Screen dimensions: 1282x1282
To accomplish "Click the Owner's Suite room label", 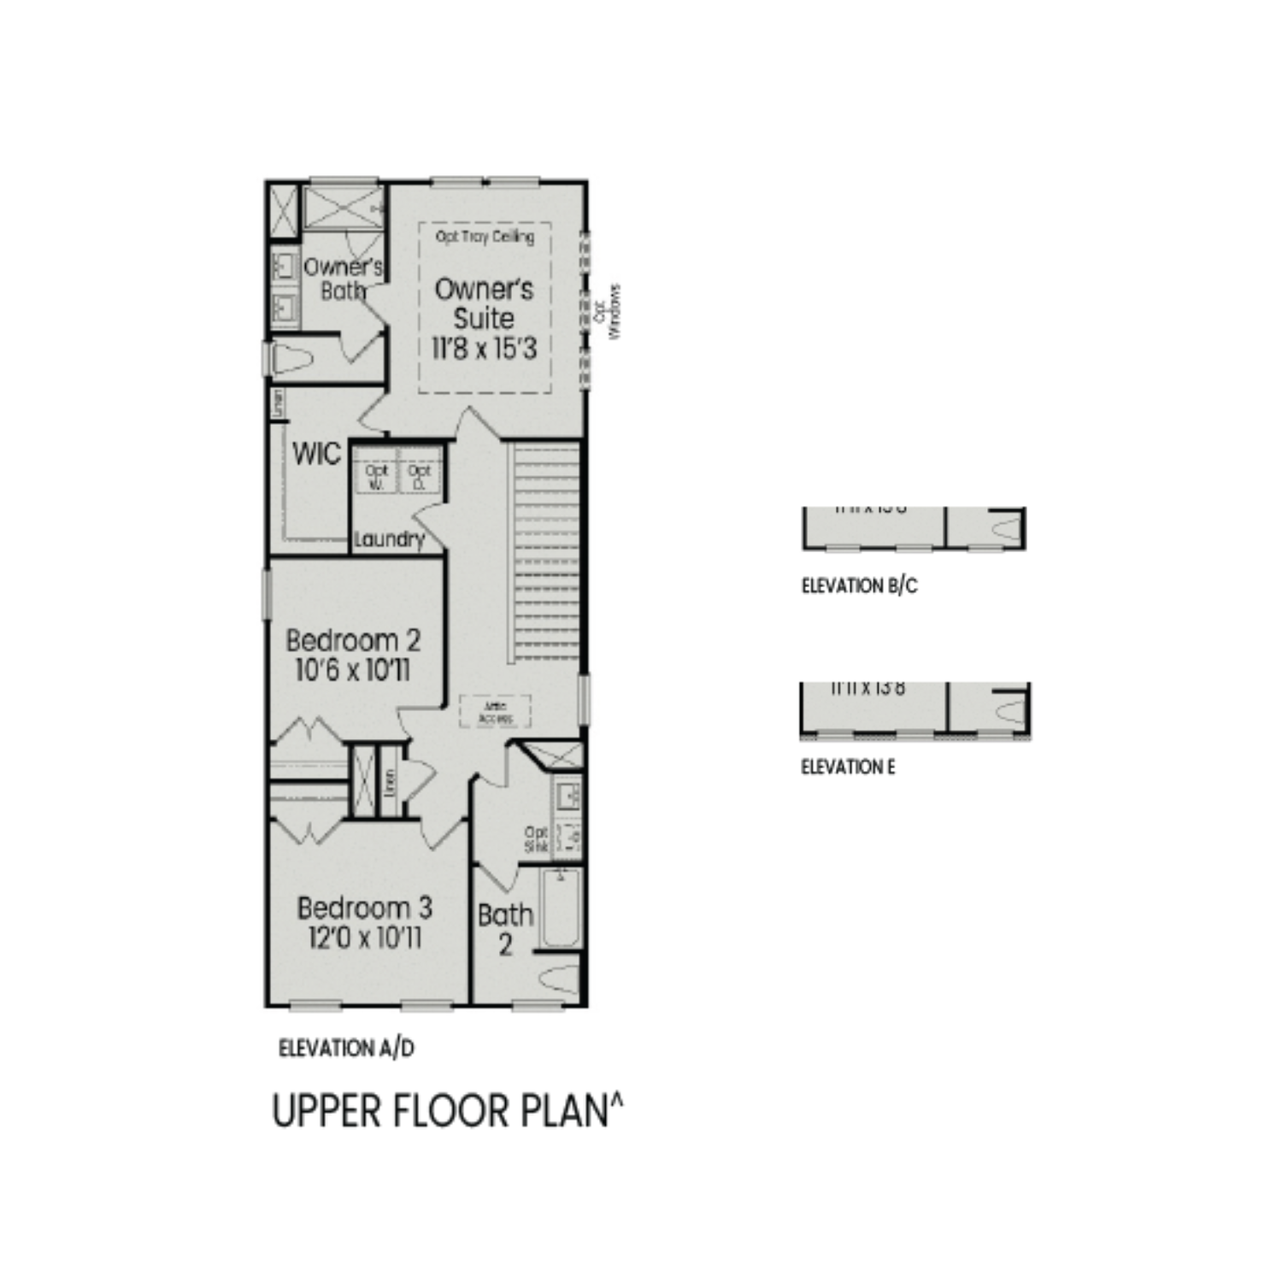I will click(x=484, y=303).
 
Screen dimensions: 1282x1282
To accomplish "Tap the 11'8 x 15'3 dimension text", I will click(x=484, y=349).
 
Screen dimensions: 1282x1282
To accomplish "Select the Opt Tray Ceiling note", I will click(x=485, y=237).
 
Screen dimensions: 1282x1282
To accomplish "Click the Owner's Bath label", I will click(x=343, y=279).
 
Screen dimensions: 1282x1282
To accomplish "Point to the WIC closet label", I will click(x=316, y=454).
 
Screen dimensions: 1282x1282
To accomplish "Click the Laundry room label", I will click(x=389, y=539).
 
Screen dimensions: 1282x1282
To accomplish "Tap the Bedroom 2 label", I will click(x=353, y=640).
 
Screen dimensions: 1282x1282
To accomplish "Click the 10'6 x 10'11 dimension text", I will click(x=353, y=670).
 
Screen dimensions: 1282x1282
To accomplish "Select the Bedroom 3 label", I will click(x=364, y=908).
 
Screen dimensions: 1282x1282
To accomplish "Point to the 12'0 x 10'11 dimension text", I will click(x=364, y=938).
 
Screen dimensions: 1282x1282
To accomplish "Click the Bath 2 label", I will click(x=505, y=929).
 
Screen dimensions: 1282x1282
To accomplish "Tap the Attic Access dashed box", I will click(x=495, y=712).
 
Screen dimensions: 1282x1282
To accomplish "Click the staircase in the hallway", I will click(x=544, y=551).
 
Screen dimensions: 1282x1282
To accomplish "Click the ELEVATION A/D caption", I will click(x=346, y=1048).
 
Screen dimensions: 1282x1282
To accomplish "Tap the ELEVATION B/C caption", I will click(x=859, y=586).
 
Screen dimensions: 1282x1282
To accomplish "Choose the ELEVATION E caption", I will click(x=848, y=767).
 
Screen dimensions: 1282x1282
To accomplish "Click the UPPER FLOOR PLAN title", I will click(x=447, y=1111).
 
